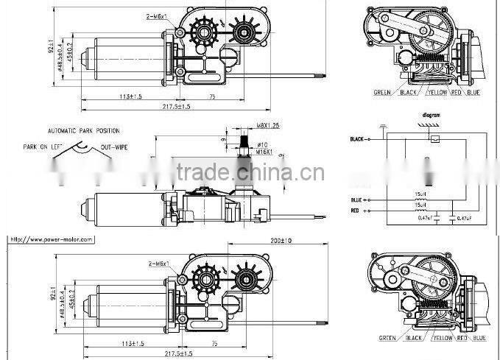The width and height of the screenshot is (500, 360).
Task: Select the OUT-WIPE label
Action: (114, 147)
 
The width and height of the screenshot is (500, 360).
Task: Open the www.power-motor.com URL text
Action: (52, 239)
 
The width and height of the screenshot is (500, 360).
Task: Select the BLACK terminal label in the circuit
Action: (358, 138)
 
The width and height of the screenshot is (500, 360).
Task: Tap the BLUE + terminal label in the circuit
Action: (359, 200)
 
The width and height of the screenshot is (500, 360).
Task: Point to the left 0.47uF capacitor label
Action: (426, 219)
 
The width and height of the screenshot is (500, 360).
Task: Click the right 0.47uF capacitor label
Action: (464, 219)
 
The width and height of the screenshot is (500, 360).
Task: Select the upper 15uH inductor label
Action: (421, 195)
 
